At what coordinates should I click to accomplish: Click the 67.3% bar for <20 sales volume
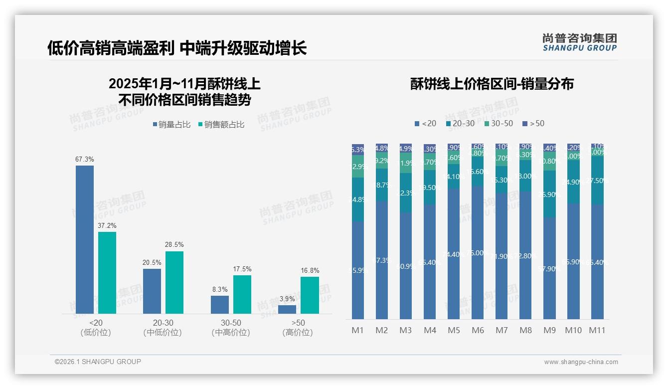[85, 239]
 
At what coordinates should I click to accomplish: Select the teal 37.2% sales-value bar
[107, 273]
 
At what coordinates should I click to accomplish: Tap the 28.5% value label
[174, 245]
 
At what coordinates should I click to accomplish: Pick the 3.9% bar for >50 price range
[287, 309]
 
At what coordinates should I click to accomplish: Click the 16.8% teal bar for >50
[310, 295]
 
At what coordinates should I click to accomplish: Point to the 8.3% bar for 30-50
[220, 305]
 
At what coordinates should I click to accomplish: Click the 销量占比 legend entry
[171, 125]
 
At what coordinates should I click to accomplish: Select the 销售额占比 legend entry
[221, 125]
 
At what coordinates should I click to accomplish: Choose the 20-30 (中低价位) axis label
[163, 328]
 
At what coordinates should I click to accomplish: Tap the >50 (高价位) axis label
[298, 328]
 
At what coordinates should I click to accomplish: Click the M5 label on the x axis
[454, 330]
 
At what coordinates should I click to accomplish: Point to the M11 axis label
[597, 330]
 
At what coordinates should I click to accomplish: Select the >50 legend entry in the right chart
[533, 123]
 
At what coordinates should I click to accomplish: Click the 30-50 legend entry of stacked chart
[498, 123]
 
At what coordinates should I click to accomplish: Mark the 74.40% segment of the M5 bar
[454, 254]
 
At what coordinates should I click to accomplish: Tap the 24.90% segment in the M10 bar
[573, 182]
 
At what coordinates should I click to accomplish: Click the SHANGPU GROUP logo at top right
[580, 42]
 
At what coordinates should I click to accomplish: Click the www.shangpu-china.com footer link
[581, 362]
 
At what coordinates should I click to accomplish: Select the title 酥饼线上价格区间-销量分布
[492, 84]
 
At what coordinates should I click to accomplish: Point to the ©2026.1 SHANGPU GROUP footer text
[98, 362]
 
